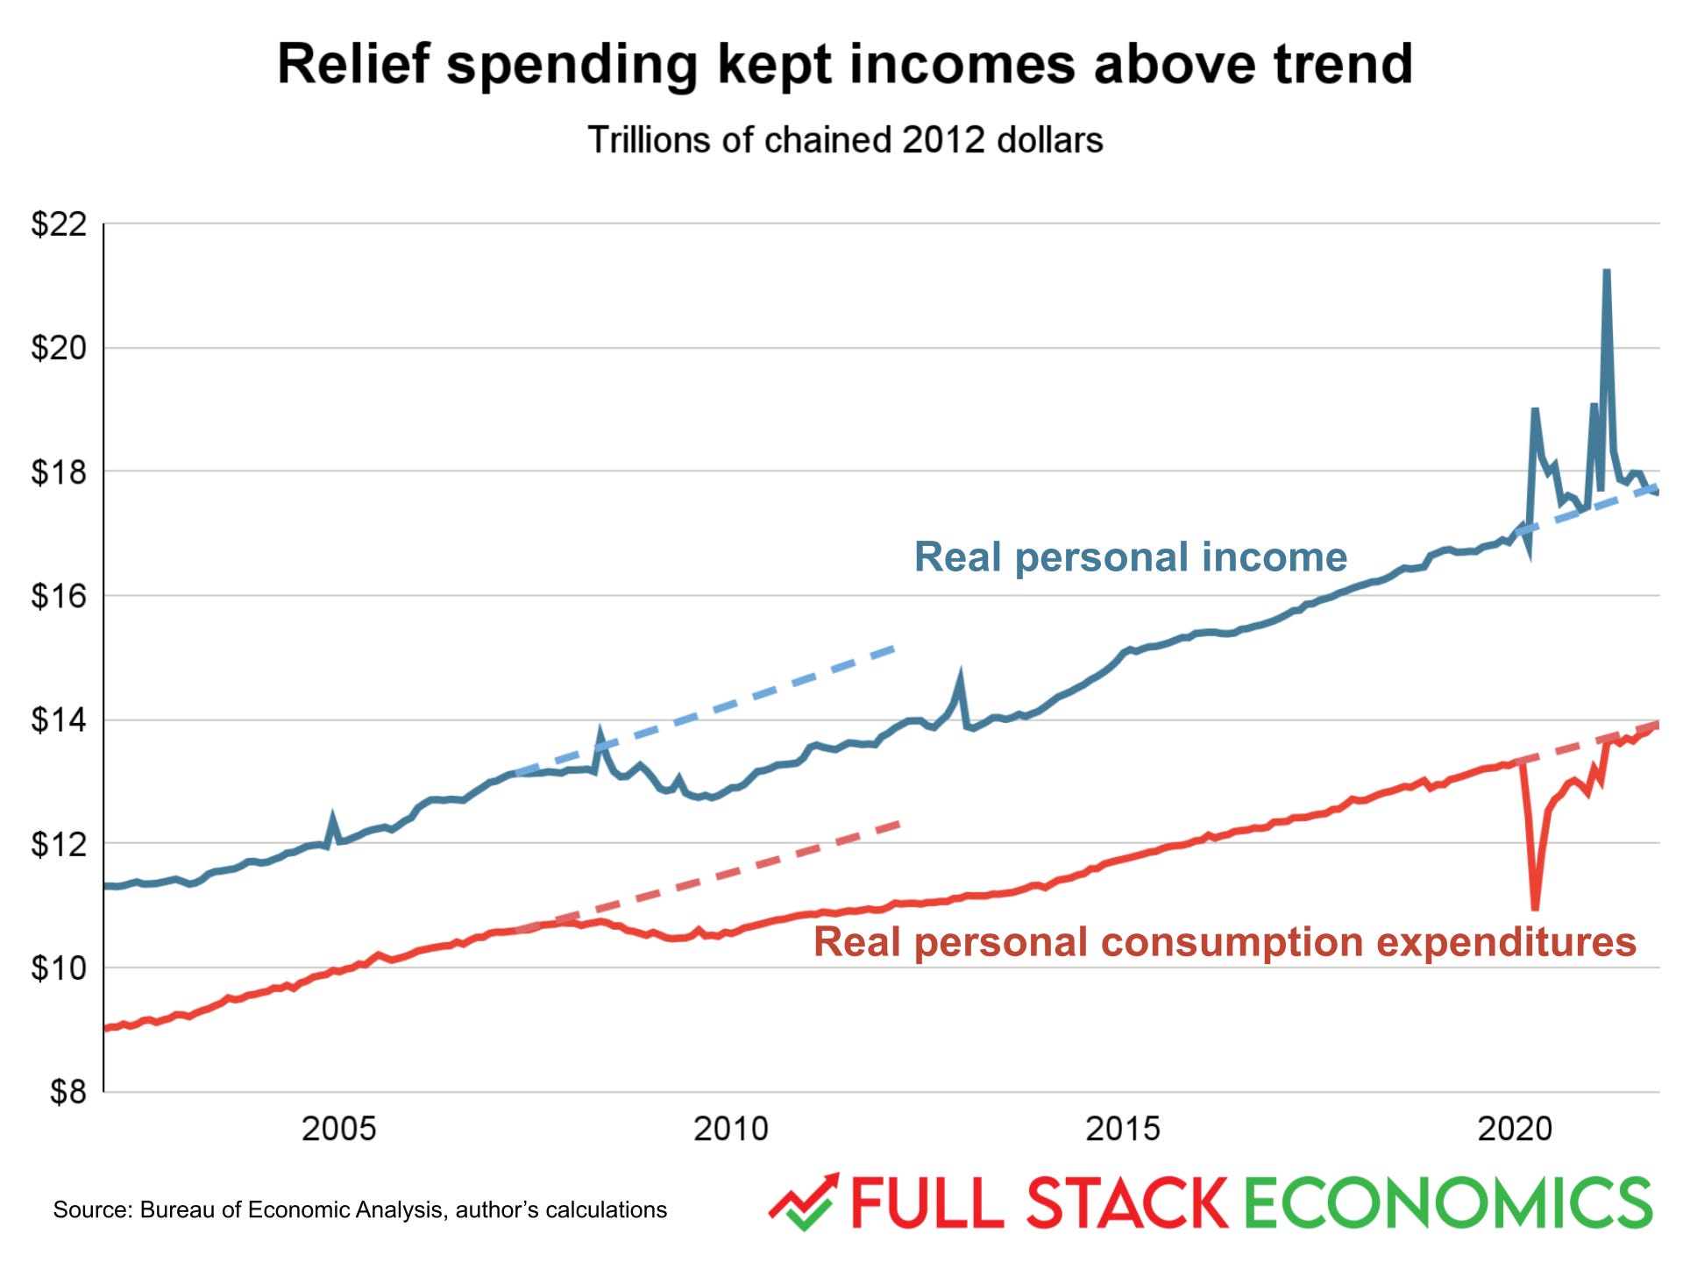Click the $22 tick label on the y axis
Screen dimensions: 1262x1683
59,224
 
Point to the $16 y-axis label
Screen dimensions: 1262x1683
59,596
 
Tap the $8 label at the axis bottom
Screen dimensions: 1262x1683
67,1092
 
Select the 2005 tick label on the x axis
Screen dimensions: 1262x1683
338,1129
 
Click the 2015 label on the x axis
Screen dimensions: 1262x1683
1122,1129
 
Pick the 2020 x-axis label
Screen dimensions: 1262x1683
1514,1129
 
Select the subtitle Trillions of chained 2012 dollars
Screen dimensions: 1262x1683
845,140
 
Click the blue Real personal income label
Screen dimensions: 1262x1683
1130,557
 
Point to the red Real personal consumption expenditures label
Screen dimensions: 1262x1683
1225,942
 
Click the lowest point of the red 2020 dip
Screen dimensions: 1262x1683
1535,907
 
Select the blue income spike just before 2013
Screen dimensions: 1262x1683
961,677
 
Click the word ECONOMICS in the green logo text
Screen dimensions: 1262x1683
1447,1203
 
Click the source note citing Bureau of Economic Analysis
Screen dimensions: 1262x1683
359,1210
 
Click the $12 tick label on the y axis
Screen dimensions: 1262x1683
59,844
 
